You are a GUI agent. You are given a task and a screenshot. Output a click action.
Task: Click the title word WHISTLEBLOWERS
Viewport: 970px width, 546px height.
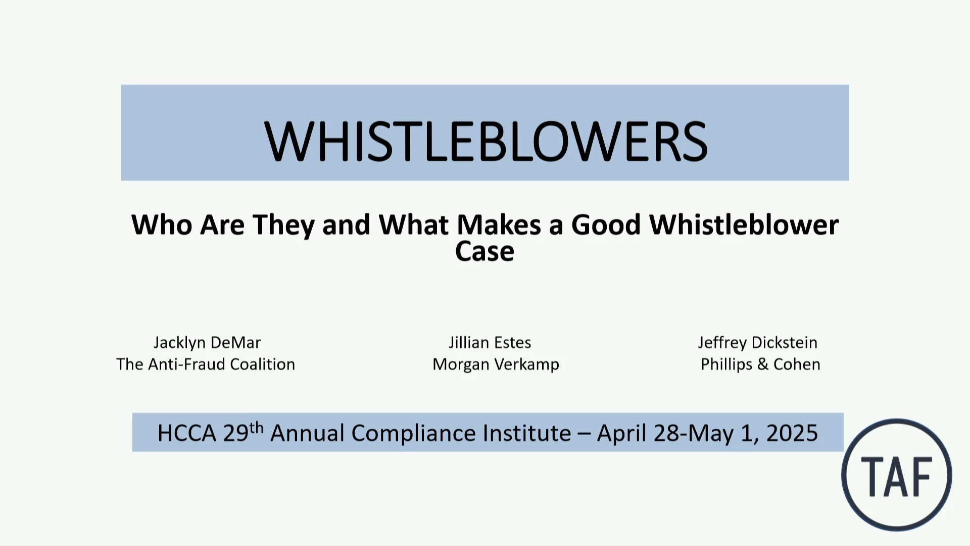486,142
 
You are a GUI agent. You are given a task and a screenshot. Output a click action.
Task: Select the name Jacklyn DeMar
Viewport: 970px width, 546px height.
207,343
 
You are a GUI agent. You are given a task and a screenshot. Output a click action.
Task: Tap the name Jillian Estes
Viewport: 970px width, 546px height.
490,343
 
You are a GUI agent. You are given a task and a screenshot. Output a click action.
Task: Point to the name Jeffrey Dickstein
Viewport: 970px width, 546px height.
758,343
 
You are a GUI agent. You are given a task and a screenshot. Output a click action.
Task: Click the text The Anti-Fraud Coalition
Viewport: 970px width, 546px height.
206,364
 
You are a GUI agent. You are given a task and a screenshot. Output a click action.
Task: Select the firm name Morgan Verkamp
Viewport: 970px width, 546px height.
496,365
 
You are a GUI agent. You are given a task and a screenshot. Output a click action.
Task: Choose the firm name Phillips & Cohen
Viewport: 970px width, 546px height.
760,365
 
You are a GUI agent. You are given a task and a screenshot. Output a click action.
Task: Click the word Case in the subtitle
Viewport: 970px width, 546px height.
484,251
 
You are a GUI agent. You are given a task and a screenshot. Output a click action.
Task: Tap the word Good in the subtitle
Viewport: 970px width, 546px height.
606,224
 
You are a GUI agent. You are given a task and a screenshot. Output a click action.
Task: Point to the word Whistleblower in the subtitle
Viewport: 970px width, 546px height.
744,224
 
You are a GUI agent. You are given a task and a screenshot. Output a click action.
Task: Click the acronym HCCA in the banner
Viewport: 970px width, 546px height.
187,433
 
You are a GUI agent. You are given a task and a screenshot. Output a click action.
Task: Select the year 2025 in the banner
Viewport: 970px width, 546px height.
792,433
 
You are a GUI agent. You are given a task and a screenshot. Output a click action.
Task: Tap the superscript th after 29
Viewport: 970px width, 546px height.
257,428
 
